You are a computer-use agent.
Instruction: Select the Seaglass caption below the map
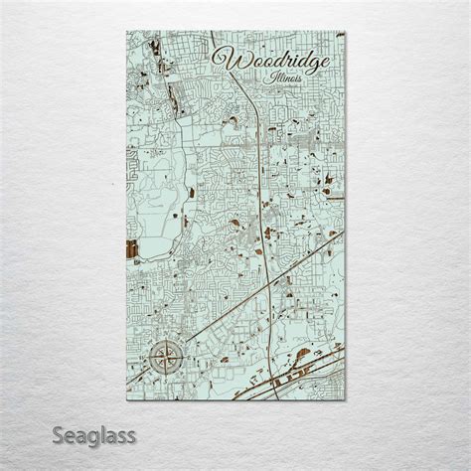click(82, 433)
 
